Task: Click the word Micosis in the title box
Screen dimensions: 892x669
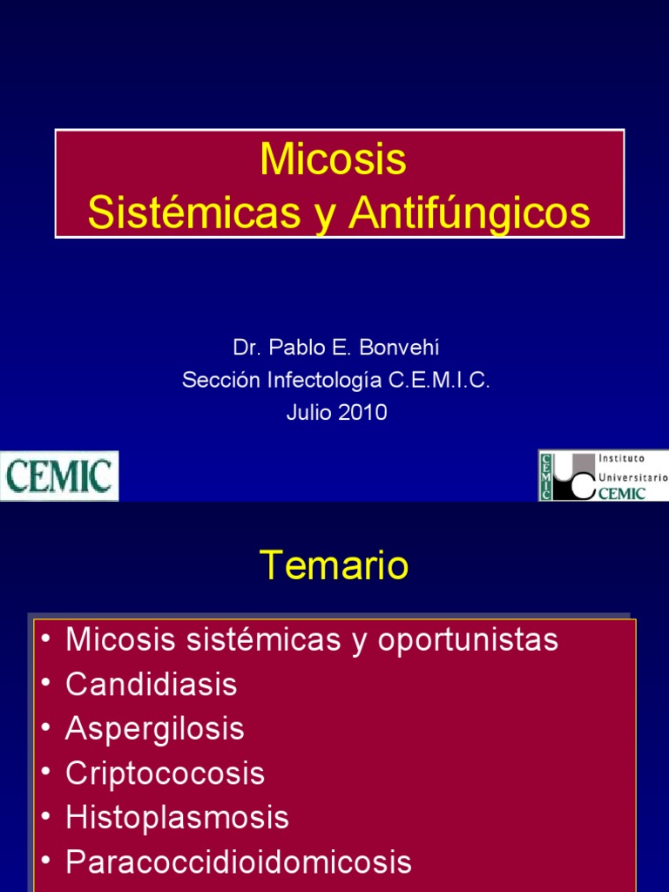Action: tap(334, 159)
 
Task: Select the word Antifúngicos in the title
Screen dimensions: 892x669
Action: tap(470, 213)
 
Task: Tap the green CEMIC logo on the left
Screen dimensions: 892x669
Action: tap(59, 476)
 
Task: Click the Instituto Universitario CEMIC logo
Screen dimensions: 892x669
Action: tap(603, 476)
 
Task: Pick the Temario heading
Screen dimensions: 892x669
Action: tap(334, 566)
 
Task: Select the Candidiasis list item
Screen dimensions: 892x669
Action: tap(151, 685)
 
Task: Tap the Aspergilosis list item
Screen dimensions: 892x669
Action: tap(154, 729)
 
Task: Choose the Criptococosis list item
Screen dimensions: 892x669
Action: tap(165, 774)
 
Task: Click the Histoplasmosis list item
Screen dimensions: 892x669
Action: tap(177, 818)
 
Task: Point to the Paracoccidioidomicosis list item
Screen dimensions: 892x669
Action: tap(238, 862)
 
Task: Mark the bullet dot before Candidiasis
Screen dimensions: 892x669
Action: tap(45, 686)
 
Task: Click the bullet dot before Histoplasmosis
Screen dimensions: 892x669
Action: tap(45, 819)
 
